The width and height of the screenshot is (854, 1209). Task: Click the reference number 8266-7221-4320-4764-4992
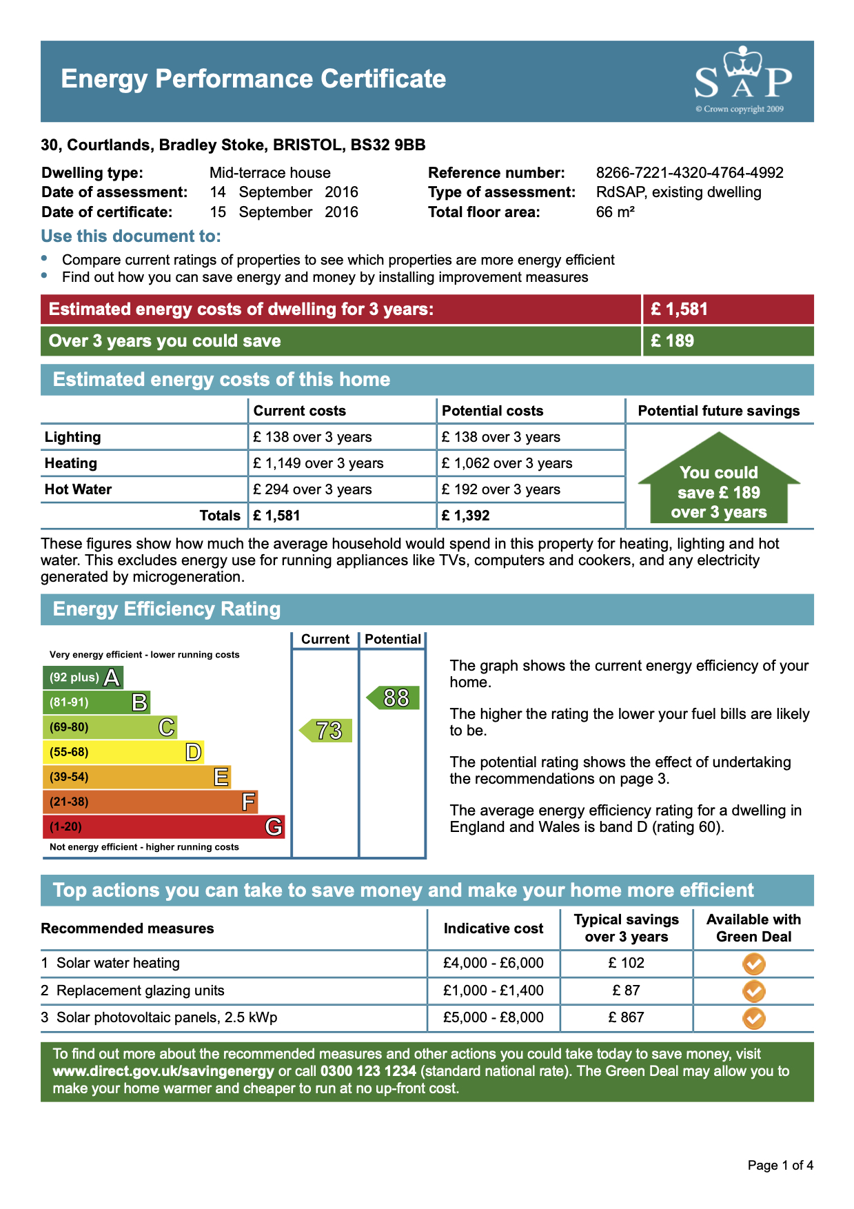tap(689, 173)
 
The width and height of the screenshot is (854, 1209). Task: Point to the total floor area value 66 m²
tap(615, 212)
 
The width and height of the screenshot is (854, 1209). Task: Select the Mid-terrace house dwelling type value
tap(270, 173)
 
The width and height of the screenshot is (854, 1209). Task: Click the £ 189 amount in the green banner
tap(672, 341)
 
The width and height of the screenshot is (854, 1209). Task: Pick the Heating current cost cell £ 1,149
tap(318, 463)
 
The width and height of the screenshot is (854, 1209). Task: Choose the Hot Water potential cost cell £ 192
tap(501, 489)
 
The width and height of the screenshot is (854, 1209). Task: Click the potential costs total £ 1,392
tap(466, 516)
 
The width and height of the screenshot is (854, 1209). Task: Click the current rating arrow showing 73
tap(327, 731)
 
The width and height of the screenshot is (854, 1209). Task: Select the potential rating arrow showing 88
tap(394, 698)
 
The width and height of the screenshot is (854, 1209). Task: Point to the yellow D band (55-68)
tap(123, 752)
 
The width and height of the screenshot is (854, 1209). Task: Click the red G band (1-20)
tap(163, 826)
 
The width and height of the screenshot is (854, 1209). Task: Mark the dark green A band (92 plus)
tap(83, 678)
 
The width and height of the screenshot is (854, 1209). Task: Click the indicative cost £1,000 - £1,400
tap(494, 990)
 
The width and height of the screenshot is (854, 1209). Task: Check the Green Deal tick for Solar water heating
tap(754, 964)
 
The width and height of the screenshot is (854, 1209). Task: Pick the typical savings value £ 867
tap(626, 1017)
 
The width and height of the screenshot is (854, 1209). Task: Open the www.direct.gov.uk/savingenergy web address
tap(163, 1071)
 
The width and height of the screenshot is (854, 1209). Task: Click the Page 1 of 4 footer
tap(780, 1166)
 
